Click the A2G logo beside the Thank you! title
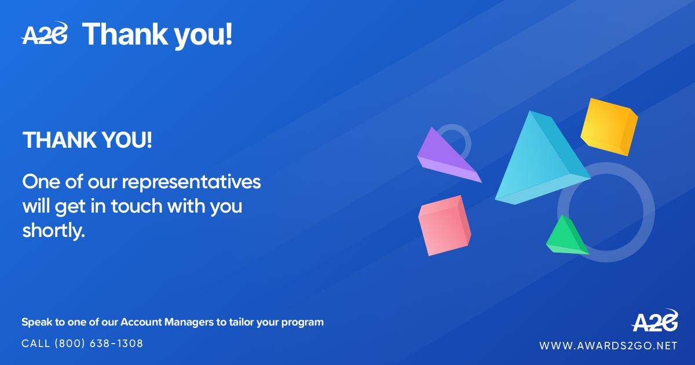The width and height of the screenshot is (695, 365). coord(44,33)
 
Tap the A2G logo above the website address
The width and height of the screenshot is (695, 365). coord(654,320)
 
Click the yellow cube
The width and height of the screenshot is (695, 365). coord(609,127)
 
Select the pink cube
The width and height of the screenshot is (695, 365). coord(445,225)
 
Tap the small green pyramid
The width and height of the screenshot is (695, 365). coord(566,236)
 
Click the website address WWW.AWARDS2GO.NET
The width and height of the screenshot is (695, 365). coord(608,346)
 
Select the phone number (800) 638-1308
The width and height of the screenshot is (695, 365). coord(98,344)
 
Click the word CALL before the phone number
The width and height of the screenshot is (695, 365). coord(36,344)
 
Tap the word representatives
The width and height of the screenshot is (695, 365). coord(191,183)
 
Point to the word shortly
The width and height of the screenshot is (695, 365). coord(54,231)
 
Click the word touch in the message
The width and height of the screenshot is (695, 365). coord(137,206)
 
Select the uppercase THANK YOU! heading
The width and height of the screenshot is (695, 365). coord(87,140)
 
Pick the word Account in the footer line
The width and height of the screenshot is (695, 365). coord(141,322)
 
